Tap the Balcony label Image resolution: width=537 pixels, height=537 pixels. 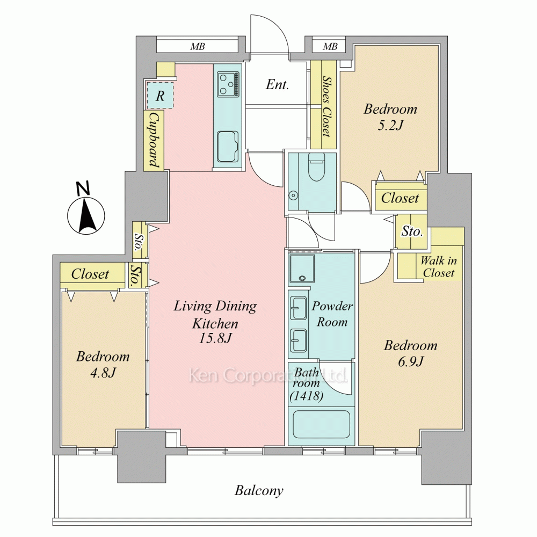click(259, 491)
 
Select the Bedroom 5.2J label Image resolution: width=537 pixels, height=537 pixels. click(390, 117)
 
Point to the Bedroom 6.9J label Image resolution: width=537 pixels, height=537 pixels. click(411, 353)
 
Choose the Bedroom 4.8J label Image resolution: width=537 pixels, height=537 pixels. click(103, 364)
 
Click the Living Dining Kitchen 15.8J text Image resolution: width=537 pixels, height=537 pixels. click(215, 322)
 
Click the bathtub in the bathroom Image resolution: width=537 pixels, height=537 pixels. click(322, 424)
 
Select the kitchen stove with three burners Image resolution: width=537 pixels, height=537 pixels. click(228, 84)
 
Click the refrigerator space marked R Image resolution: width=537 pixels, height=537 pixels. click(160, 95)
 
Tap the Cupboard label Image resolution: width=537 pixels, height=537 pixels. click(154, 140)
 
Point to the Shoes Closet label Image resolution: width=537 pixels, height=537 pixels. click(328, 106)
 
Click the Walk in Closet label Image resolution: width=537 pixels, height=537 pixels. click(438, 267)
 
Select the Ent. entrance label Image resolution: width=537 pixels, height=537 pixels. click(277, 85)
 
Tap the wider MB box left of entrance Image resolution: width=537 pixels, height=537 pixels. click(197, 46)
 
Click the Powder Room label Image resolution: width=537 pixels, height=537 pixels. click(332, 314)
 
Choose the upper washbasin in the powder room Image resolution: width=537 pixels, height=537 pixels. click(298, 308)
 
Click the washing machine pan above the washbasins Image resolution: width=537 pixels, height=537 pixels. click(302, 268)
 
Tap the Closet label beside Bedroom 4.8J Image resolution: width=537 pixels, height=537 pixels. click(90, 274)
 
